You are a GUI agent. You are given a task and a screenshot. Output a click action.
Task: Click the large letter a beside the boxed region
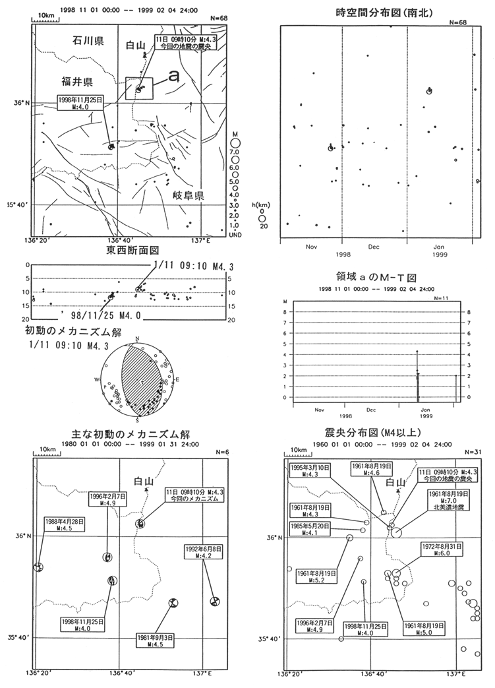tap(173, 77)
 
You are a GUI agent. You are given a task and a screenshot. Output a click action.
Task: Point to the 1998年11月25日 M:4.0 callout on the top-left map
tap(82, 102)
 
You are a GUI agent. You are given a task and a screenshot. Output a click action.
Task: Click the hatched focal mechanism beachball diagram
tap(138, 383)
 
